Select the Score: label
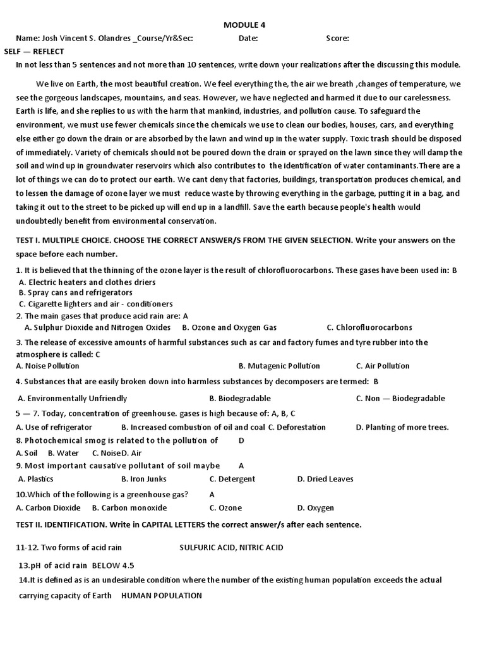(337, 39)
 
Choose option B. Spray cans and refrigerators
(76, 293)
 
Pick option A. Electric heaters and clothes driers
(87, 282)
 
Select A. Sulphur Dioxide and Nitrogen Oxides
(97, 327)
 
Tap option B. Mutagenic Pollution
(279, 366)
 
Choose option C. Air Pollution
(383, 366)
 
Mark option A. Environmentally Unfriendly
(73, 399)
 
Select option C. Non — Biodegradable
(400, 399)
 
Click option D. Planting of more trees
(402, 427)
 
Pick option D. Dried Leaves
(325, 479)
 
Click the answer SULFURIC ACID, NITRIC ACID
(231, 548)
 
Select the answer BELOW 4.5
(113, 565)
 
